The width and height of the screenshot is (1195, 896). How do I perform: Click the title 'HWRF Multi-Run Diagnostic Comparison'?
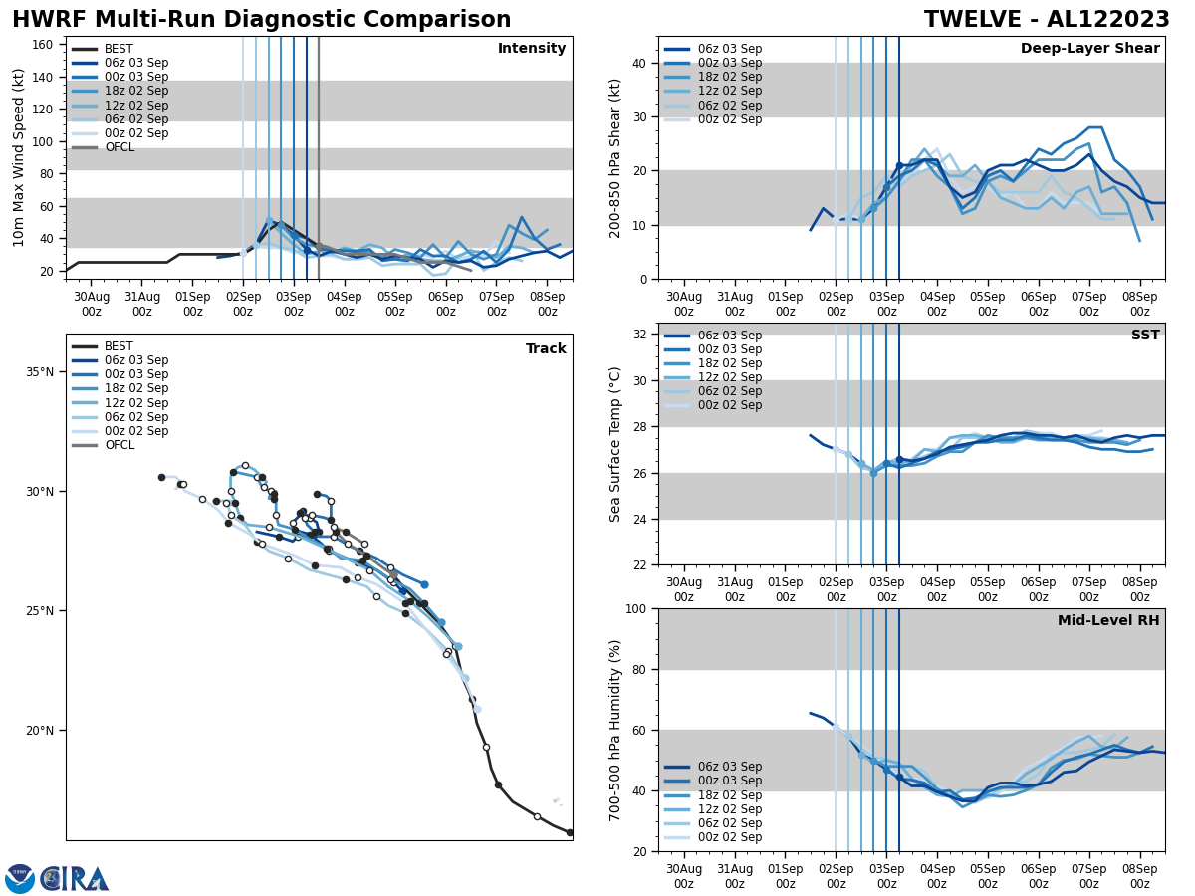(261, 20)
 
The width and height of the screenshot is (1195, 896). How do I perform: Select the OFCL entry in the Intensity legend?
(119, 147)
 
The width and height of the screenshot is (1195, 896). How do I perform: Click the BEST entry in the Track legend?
(119, 346)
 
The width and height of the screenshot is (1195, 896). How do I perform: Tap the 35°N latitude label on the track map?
(40, 372)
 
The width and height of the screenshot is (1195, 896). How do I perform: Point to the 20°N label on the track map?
(40, 731)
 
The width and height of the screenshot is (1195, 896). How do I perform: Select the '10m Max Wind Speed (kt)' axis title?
(18, 157)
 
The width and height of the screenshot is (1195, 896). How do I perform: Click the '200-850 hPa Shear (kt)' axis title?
(616, 157)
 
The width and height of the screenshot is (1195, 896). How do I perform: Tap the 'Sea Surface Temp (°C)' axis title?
(616, 444)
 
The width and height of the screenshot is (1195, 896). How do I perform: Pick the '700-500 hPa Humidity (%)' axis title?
(616, 730)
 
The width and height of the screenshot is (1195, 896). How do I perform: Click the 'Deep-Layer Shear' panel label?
(1089, 49)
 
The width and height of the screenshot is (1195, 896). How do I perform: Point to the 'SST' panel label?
(1144, 336)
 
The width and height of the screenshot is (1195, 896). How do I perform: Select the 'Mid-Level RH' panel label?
(1107, 621)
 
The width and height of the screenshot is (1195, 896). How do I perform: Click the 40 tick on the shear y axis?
(638, 63)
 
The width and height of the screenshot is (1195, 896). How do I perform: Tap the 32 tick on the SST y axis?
(638, 335)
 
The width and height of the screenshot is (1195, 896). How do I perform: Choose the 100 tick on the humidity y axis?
(634, 608)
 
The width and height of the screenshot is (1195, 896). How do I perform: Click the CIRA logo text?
(75, 879)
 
